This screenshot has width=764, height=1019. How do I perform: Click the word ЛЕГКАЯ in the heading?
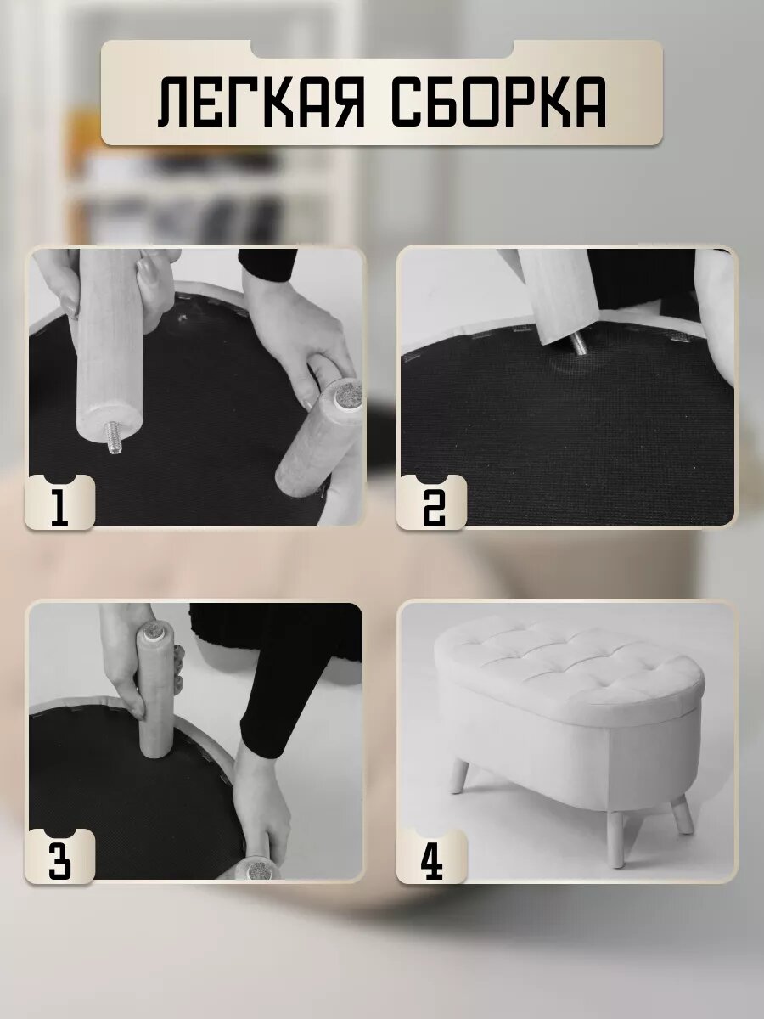pyautogui.click(x=261, y=102)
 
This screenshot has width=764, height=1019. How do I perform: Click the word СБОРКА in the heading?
pyautogui.click(x=499, y=102)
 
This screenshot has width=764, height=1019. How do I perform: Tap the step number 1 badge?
pyautogui.click(x=59, y=504)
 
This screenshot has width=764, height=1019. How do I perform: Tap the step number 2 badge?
pyautogui.click(x=431, y=504)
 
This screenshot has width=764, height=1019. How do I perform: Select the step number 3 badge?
pyautogui.click(x=59, y=857)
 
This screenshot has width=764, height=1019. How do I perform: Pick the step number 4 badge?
pyautogui.click(x=431, y=857)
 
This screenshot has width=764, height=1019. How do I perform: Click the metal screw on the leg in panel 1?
pyautogui.click(x=114, y=436)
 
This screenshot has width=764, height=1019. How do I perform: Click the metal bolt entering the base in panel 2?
pyautogui.click(x=578, y=345)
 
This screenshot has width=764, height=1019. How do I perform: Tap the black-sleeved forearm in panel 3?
pyautogui.click(x=273, y=696)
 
